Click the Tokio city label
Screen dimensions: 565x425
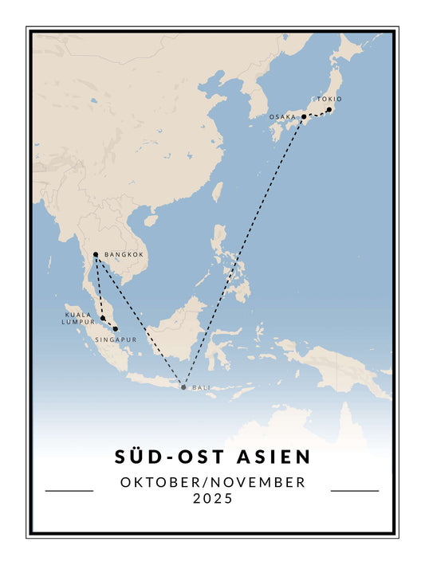329,100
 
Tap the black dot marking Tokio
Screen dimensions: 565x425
329,110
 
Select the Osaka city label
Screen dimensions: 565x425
282,116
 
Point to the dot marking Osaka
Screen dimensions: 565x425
304,116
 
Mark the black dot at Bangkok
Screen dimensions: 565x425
96,255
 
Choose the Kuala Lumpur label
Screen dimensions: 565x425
78,318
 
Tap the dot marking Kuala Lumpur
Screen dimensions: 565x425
103,318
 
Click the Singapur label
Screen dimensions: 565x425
116,339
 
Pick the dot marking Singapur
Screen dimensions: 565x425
116,328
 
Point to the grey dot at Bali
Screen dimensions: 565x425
183,387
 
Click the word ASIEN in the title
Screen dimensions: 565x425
270,457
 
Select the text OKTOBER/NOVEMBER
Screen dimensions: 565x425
212,482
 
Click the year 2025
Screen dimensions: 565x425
212,499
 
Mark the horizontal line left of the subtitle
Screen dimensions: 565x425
69,491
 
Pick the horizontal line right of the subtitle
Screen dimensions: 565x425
355,491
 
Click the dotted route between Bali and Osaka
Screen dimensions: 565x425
243,252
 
